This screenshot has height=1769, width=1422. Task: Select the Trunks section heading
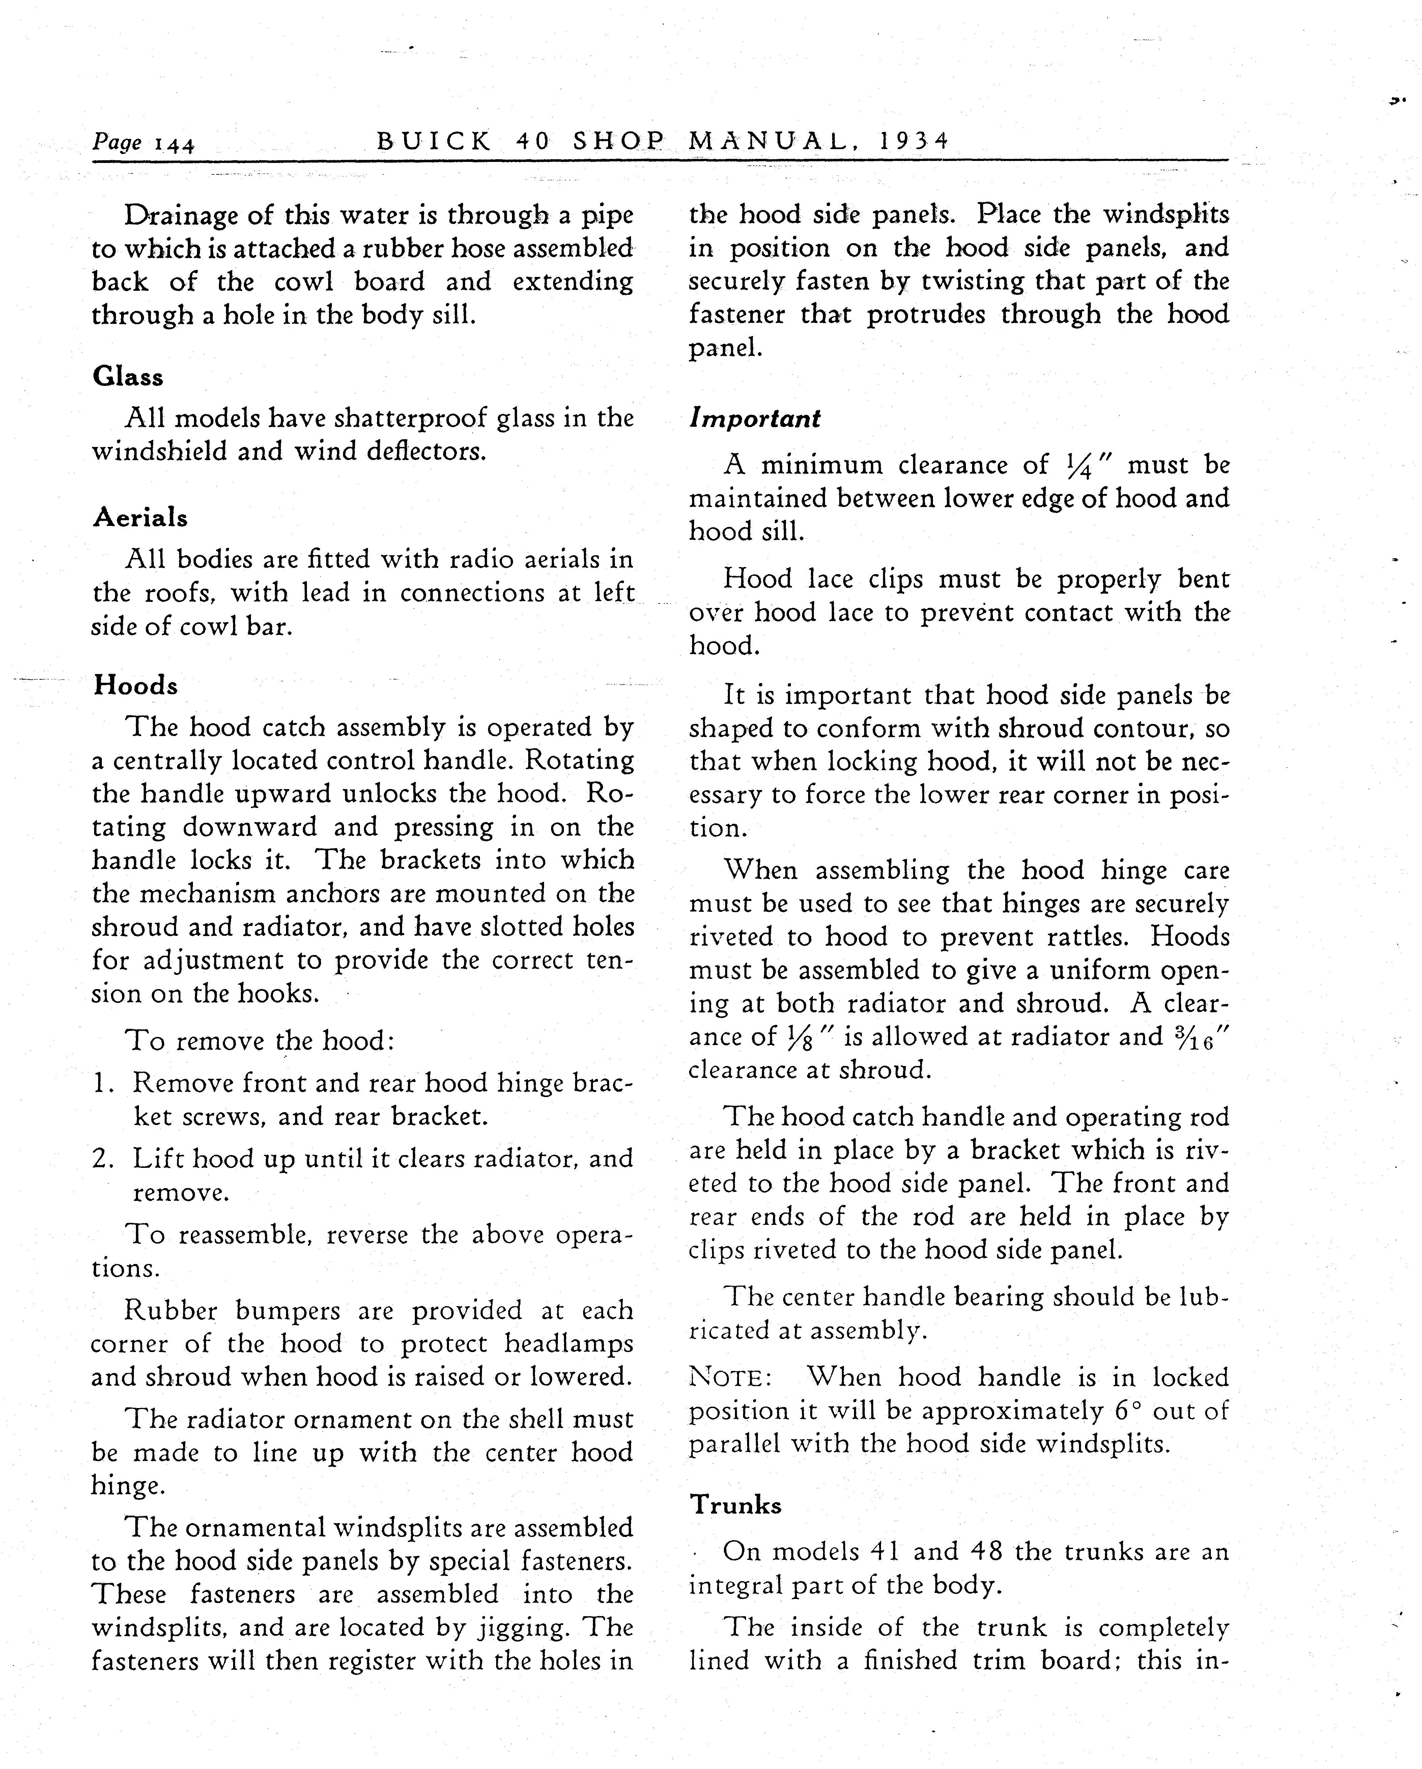tap(735, 1505)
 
